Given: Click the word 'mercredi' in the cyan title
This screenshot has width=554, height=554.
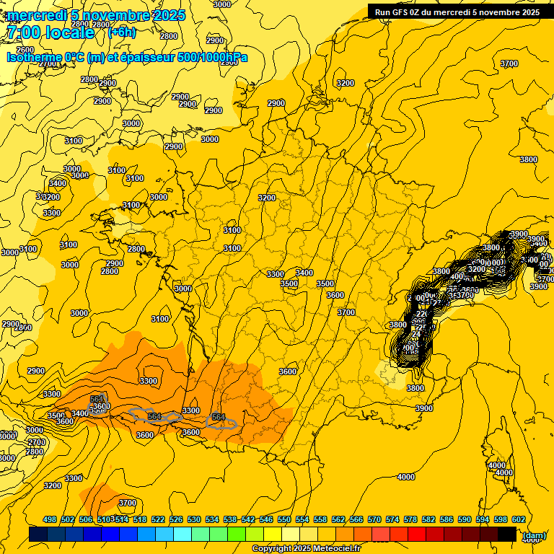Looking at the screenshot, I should coord(36,15).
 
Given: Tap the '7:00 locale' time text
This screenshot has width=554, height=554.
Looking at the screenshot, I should coord(50,32).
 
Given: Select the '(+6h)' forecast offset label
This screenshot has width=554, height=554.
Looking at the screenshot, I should coord(120,32).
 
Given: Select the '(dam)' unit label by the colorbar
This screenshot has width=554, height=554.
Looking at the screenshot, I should coord(534,535).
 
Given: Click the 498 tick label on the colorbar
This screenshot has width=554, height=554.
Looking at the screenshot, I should coord(50,519).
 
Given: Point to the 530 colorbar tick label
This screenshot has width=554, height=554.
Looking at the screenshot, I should coord(194,519).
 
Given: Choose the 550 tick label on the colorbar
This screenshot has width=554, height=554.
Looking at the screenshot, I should coord(284,519).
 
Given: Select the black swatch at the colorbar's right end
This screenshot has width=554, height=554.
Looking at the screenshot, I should coord(507,535).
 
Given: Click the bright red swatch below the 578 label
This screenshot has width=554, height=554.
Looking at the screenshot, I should coord(417,535).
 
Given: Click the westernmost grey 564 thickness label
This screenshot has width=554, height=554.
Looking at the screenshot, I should coord(97,399).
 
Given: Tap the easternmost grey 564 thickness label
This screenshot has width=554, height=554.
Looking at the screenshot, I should coord(219,418).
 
